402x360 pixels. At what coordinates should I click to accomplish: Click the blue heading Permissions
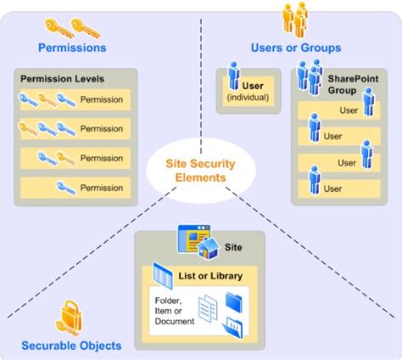72,48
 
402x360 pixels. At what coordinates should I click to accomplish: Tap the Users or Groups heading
296,48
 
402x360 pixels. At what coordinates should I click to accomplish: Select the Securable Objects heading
71,346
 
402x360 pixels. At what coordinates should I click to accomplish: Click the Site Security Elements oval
201,171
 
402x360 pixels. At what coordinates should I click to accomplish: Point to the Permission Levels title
62,79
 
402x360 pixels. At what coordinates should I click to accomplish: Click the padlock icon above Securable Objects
70,318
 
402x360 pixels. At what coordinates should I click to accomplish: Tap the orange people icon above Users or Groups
295,20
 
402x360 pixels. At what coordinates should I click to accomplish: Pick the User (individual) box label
248,92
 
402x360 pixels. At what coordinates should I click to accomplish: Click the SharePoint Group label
353,84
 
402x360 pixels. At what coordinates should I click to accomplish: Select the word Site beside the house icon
233,247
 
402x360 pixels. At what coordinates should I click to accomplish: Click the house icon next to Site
209,248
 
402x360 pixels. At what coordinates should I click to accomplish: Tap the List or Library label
210,276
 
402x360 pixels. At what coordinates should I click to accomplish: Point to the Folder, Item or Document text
174,311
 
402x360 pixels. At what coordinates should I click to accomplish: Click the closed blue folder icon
234,302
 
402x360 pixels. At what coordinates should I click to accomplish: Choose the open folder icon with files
232,327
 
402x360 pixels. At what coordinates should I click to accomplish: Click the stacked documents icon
208,308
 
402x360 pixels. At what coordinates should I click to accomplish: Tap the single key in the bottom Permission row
66,188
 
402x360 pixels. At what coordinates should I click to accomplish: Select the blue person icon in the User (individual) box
234,76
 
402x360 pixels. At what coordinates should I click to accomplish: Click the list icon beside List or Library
163,276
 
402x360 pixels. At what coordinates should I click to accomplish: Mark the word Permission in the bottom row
102,188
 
